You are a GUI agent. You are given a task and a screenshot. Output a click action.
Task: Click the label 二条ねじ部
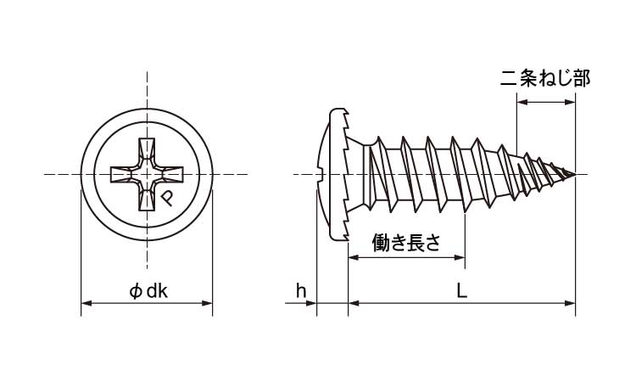[x=545, y=79]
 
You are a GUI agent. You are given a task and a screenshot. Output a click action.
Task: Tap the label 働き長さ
[x=407, y=243]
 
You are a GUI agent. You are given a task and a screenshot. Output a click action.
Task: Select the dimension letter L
[x=461, y=291]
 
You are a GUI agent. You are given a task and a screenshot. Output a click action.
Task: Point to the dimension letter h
[x=300, y=291]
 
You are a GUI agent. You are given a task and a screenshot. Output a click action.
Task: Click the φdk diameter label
[x=149, y=291]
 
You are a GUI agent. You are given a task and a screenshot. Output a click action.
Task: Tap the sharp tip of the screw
[x=576, y=175]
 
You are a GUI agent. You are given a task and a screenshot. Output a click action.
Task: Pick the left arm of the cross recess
[x=124, y=176]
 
